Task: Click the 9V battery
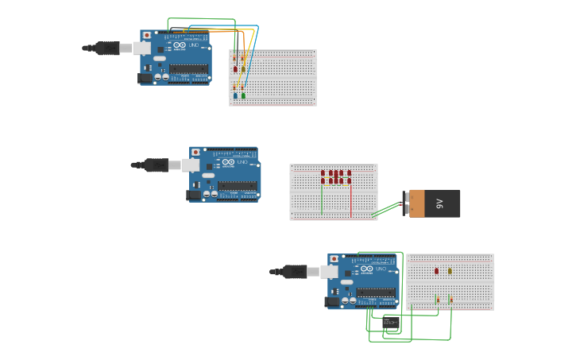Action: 434,203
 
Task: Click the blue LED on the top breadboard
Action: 235,95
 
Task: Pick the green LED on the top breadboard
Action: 243,95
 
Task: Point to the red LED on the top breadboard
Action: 235,69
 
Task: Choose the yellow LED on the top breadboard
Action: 243,69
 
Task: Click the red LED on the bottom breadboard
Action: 436,271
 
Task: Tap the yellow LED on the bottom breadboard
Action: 450,271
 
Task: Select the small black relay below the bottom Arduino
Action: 391,322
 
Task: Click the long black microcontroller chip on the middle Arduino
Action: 238,186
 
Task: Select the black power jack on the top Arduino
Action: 145,78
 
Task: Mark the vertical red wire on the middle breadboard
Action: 350,199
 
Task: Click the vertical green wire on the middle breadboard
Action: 322,199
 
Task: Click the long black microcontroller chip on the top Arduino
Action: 188,70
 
